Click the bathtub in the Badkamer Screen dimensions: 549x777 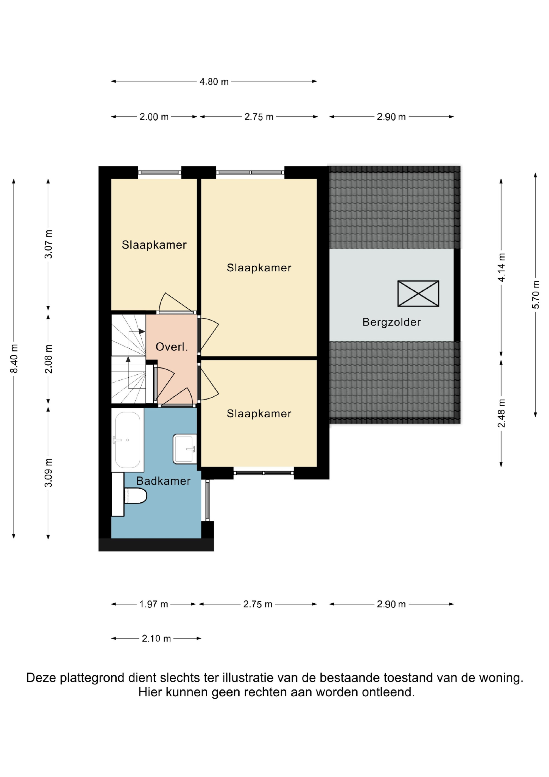point(128,440)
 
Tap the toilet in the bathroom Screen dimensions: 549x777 point(135,496)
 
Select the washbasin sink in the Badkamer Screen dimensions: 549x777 point(185,449)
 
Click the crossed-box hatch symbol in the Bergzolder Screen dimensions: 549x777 point(418,293)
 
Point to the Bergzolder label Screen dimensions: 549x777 point(391,322)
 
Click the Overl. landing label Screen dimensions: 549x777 point(172,347)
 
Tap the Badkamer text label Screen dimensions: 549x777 point(163,481)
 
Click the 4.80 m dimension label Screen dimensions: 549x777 point(214,82)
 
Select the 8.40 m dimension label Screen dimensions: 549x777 point(14,358)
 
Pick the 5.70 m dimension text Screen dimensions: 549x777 point(536,294)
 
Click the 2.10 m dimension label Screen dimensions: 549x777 point(156,639)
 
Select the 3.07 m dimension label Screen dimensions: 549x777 point(48,244)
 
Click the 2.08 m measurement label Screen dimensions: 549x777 point(48,359)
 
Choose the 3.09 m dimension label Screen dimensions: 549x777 point(48,472)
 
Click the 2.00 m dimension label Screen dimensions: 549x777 point(154,117)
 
